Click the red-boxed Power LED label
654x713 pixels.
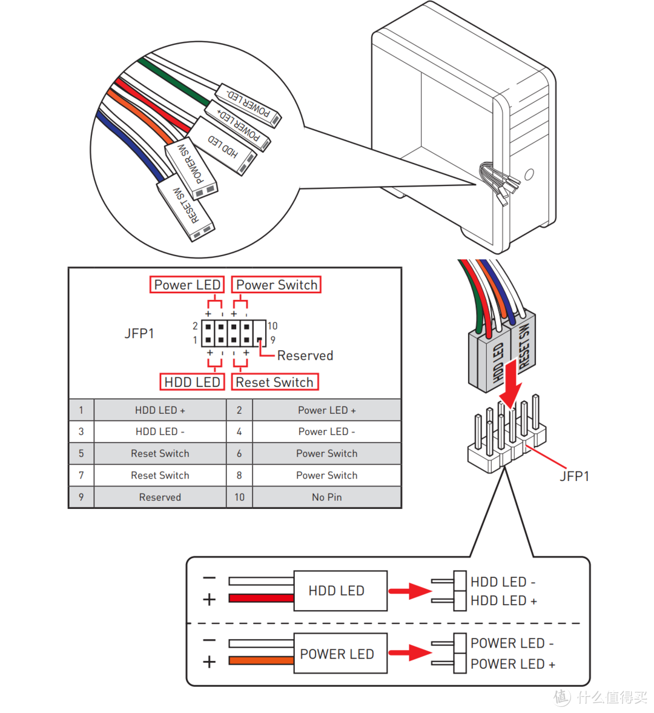187,285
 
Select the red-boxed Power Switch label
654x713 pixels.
276,285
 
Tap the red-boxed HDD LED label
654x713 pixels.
192,382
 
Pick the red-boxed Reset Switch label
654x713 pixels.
274,382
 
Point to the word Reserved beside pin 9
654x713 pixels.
305,356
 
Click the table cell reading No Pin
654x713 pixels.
326,497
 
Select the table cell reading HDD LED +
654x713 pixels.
160,410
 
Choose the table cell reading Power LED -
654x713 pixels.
326,432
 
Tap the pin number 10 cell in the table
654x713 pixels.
239,497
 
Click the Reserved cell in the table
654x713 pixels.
160,497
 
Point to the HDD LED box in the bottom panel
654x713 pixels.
340,591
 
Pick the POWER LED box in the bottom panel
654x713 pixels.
340,654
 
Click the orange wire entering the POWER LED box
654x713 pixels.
261,661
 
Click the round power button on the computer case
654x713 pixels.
529,174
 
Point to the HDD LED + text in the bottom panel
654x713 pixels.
503,601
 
